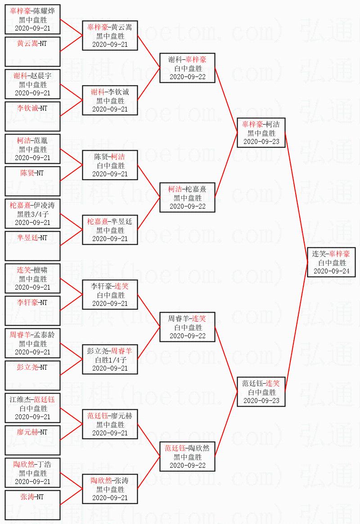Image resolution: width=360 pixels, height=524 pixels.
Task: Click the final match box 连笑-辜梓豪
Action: pos(331,262)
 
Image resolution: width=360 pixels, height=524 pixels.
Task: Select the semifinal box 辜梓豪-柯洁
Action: pos(261,133)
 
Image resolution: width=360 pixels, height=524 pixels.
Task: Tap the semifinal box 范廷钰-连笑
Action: pos(261,392)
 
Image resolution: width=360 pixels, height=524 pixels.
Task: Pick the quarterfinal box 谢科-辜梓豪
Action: pos(187,68)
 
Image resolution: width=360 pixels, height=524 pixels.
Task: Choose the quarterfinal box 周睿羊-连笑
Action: pos(187,327)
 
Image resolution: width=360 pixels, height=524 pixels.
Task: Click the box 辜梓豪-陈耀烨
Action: pos(33,19)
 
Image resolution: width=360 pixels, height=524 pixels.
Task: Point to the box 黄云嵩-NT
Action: pos(33,52)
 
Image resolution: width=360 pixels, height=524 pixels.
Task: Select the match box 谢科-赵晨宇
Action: pos(33,84)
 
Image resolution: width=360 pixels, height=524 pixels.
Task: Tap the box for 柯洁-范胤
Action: pos(33,149)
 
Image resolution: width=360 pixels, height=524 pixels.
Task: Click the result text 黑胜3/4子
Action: pos(33,214)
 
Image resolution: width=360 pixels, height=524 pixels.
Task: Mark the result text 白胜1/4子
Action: pos(110,359)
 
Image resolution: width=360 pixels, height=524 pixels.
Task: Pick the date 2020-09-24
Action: pos(331,271)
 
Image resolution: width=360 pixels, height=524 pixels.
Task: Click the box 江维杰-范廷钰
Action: pos(33,408)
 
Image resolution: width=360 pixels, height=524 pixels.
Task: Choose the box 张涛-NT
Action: pos(33,505)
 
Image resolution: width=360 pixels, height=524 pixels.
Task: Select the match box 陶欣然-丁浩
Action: pos(33,473)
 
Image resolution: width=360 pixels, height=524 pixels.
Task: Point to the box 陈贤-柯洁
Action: pos(110,165)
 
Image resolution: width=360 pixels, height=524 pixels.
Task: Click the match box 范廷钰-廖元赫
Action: pos(110,424)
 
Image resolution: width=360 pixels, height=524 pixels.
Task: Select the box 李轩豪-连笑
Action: pos(110,295)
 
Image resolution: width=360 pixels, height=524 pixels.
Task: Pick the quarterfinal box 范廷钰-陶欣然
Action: pos(187,457)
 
